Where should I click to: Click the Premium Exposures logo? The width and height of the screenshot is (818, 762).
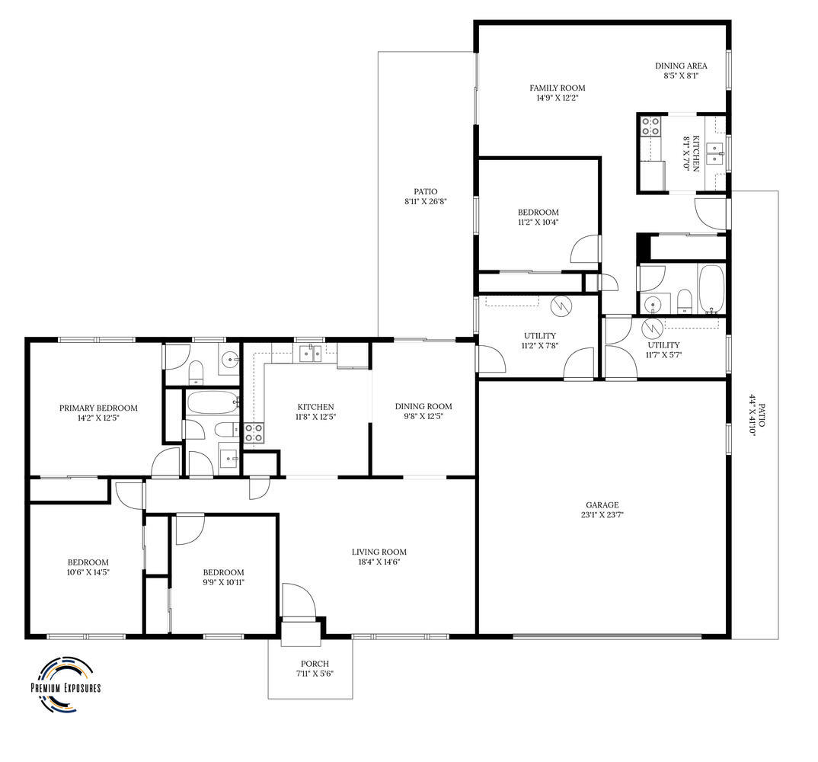[x=66, y=684]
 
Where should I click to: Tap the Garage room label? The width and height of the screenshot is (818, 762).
[x=602, y=504]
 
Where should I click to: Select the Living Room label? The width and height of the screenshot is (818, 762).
[x=379, y=552]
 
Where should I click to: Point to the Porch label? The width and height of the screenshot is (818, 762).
[x=315, y=664]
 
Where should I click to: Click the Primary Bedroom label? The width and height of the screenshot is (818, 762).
[x=98, y=408]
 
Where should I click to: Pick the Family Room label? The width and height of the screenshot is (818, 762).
[x=558, y=88]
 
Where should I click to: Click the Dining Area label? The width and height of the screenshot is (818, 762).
[x=681, y=66]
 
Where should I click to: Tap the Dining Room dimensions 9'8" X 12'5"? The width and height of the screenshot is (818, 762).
[x=423, y=417]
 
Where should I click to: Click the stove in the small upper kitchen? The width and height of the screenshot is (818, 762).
[x=650, y=126]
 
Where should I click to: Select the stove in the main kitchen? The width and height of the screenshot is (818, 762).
[x=254, y=433]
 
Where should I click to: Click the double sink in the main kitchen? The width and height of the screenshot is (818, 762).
[x=311, y=354]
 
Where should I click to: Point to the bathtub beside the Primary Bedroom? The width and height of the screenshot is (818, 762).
[x=212, y=402]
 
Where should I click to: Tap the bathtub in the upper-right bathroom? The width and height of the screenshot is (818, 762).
[x=711, y=289]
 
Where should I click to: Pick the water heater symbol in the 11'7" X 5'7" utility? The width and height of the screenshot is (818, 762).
[x=652, y=328]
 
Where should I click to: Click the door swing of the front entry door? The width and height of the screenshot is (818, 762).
[x=299, y=600]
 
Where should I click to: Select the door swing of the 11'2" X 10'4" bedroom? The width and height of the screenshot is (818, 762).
[x=585, y=248]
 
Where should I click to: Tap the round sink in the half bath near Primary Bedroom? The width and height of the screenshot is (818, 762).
[x=228, y=359]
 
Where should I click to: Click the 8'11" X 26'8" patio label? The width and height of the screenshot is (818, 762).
[x=426, y=197]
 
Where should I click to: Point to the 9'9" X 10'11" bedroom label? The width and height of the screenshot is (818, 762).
[x=223, y=578]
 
